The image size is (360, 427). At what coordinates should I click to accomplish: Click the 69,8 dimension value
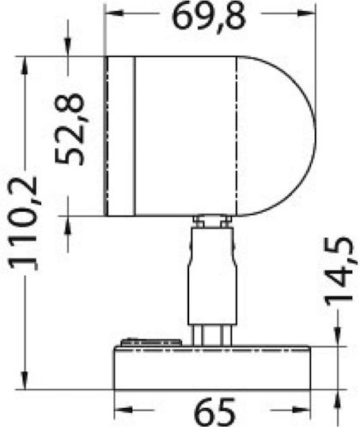(x=209, y=17)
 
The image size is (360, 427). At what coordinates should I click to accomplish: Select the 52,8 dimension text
(x=69, y=129)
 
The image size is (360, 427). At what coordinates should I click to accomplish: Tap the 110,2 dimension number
(x=23, y=223)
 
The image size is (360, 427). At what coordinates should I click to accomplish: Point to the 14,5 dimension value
(x=339, y=272)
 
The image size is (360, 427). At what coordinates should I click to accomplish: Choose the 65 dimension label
(x=215, y=412)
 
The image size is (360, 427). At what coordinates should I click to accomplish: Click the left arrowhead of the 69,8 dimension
(x=115, y=13)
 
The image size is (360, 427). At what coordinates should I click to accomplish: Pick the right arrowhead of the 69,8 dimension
(x=306, y=13)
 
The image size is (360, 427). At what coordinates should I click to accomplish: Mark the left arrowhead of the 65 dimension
(x=123, y=410)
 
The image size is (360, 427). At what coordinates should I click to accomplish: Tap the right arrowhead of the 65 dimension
(x=301, y=410)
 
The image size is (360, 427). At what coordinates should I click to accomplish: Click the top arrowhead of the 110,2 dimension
(x=25, y=66)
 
